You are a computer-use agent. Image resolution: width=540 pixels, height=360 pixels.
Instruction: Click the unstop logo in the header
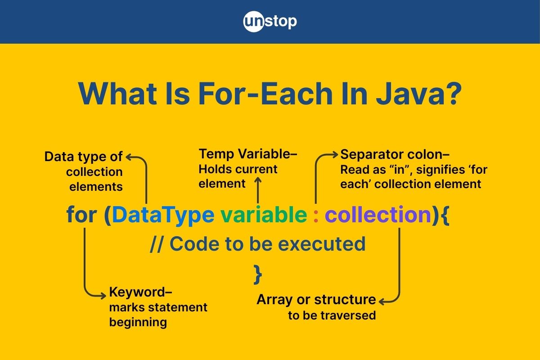pos(270,22)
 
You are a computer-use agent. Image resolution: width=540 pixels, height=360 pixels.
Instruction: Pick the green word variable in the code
pos(263,215)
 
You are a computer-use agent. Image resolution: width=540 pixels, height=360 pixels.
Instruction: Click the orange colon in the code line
pos(316,216)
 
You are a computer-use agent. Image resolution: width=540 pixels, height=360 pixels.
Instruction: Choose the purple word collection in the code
pos(378,215)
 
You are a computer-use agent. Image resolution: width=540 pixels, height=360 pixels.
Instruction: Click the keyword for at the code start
pos(81,215)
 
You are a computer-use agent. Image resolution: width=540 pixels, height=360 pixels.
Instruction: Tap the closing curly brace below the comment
pos(258,274)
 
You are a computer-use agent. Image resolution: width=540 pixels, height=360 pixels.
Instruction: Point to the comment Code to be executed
pos(257,243)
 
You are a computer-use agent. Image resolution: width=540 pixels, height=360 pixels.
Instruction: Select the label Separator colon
pos(395,154)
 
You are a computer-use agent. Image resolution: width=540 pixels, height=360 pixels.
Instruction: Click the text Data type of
pos(83,157)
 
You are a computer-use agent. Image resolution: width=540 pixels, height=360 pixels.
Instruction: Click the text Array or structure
pos(316,299)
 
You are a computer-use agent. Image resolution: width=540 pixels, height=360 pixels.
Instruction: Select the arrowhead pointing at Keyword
pos(104,295)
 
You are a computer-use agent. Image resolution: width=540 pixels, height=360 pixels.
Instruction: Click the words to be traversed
pos(332,315)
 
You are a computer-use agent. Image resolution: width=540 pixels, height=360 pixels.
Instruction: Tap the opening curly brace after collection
pos(444,215)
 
